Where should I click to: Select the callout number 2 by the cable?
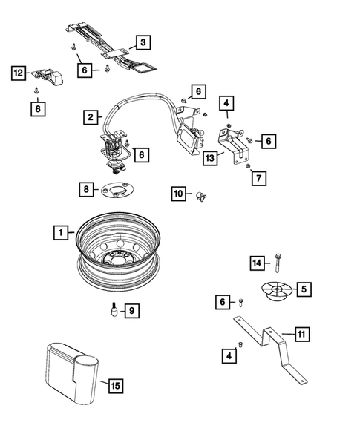pyautogui.click(x=89, y=117)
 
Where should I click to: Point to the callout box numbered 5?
pyautogui.click(x=305, y=288)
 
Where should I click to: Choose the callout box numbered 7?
pyautogui.click(x=258, y=179)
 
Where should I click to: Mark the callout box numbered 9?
pyautogui.click(x=131, y=311)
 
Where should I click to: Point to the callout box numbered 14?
pyautogui.click(x=257, y=263)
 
